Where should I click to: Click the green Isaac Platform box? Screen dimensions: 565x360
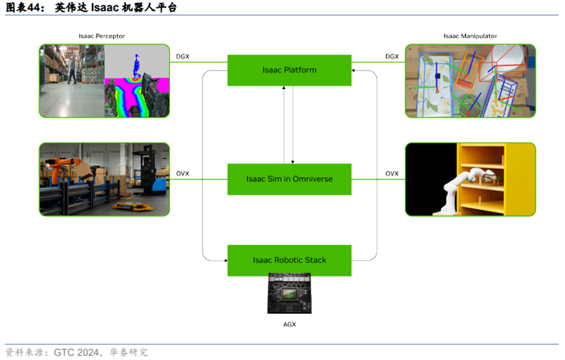[289, 71]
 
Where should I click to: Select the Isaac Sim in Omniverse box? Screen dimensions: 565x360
[289, 179]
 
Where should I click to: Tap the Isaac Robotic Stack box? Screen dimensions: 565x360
[289, 261]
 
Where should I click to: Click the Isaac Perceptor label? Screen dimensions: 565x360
[102, 36]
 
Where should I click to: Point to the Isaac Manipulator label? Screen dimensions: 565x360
[470, 36]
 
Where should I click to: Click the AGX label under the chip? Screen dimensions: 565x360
[289, 324]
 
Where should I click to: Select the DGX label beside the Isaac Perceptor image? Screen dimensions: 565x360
[183, 57]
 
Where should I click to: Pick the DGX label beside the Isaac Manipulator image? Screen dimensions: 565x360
[392, 57]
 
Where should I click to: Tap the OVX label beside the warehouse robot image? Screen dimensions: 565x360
[183, 173]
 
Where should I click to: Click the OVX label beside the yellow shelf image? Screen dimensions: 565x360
[392, 173]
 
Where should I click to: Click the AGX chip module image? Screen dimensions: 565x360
[289, 294]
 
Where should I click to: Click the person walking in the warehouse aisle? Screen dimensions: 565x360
[72, 71]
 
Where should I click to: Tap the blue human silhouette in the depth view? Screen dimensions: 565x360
[136, 66]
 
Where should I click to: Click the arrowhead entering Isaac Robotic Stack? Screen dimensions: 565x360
[226, 261]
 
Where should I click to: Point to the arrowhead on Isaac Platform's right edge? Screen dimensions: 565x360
[353, 71]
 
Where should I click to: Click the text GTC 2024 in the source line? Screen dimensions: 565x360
[76, 352]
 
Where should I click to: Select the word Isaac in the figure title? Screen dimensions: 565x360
[105, 7]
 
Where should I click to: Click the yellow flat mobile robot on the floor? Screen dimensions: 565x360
[132, 206]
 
